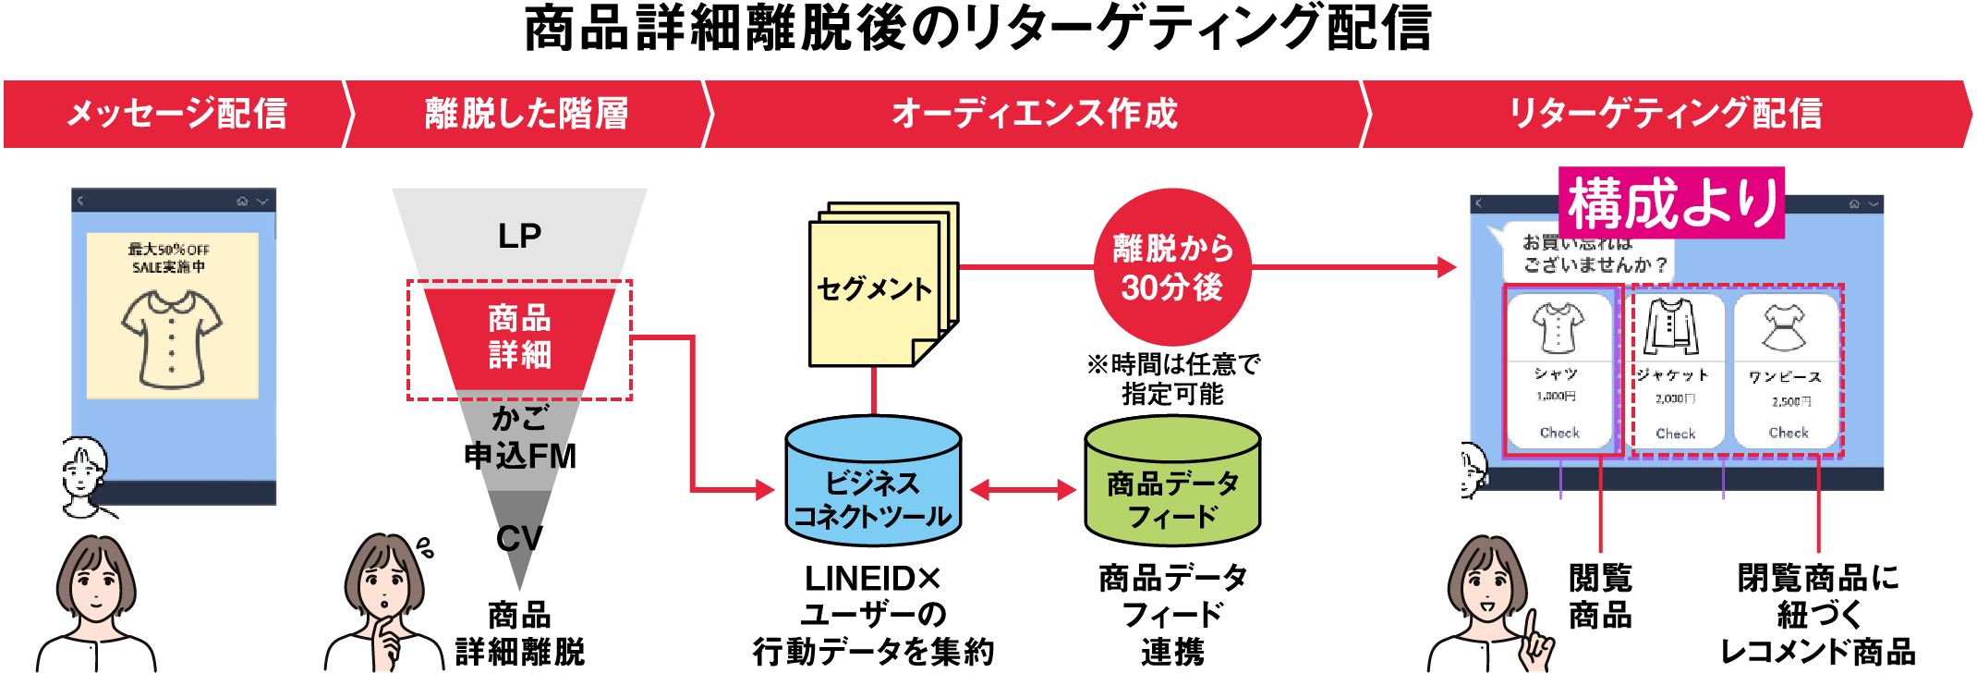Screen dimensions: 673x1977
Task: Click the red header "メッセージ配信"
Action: (x=176, y=114)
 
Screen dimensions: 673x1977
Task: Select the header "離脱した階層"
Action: (x=526, y=114)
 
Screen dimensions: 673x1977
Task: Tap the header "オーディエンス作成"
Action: (x=1034, y=114)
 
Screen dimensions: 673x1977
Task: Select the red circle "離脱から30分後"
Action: (x=1172, y=267)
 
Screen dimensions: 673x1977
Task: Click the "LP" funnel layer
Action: (x=519, y=236)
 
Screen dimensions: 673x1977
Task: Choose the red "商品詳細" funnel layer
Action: (x=519, y=337)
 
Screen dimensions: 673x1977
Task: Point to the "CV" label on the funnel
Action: (x=519, y=538)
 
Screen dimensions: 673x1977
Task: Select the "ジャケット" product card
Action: (x=1675, y=370)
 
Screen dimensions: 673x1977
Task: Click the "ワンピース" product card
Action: (x=1787, y=370)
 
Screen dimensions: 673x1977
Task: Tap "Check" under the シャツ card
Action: (x=1559, y=433)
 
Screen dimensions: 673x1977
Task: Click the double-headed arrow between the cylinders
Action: (x=1023, y=490)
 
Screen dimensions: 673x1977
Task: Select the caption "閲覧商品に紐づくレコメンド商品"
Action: (x=1817, y=615)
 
